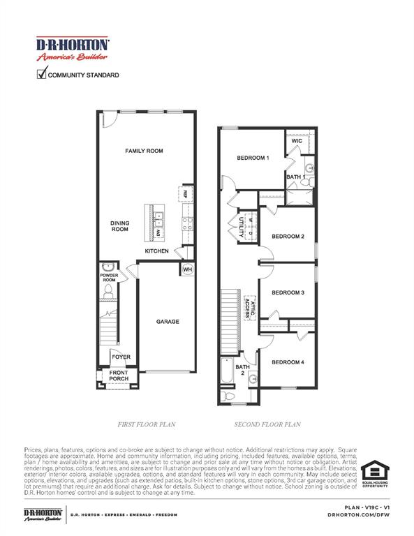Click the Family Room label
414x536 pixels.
pos(144,151)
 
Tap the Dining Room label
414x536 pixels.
pos(120,226)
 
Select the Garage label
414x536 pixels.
pos(168,322)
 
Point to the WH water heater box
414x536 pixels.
pos(187,269)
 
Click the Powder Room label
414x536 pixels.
pos(109,277)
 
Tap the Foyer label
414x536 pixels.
pos(121,357)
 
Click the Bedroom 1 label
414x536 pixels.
pos(253,158)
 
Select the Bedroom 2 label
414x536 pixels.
pos(288,237)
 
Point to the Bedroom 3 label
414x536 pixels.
pos(288,292)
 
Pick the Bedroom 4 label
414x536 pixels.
pos(288,362)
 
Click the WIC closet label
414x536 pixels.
pos(297,140)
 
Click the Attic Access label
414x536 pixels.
pos(250,307)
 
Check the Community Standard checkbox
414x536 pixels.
pos(41,74)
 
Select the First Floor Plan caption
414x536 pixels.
pos(147,424)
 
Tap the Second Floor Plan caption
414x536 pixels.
pos(267,424)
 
